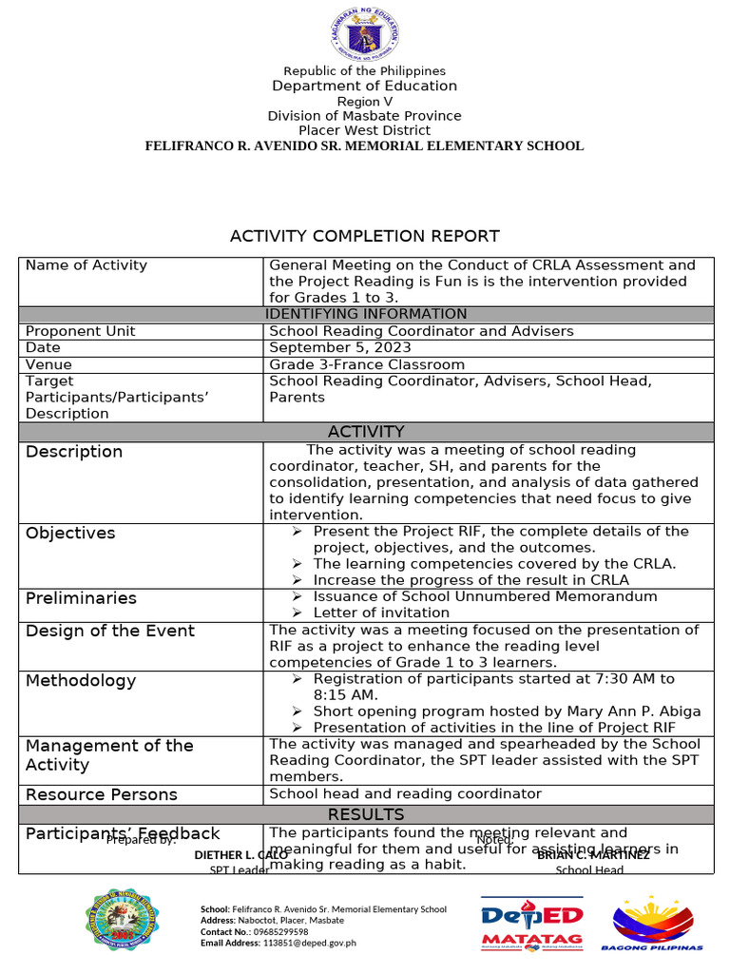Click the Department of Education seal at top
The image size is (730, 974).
coord(364,35)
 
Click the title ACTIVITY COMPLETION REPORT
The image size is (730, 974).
coord(364,236)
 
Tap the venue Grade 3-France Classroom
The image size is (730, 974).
coord(367,364)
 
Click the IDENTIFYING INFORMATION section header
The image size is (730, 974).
coord(366,314)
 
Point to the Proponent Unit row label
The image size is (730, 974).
coord(81,331)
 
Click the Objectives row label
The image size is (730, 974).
coord(70,534)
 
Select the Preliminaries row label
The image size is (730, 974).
coord(81,598)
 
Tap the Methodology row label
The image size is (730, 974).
coord(81,681)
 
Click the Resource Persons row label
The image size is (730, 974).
coord(102,795)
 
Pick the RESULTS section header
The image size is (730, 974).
coord(366,814)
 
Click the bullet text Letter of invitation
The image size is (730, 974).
coord(381,613)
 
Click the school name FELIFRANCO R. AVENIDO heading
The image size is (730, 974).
coord(364,146)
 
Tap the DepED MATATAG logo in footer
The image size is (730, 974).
coord(532,924)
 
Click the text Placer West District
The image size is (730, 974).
coord(364,130)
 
